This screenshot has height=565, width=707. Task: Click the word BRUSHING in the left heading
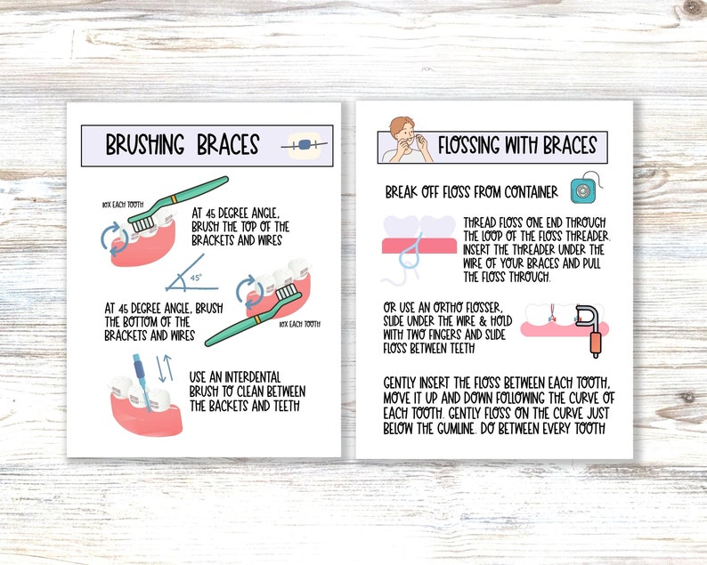coord(146,144)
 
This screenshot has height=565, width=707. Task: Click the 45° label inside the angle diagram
coord(197,278)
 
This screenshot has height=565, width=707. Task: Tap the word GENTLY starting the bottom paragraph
coord(406,383)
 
